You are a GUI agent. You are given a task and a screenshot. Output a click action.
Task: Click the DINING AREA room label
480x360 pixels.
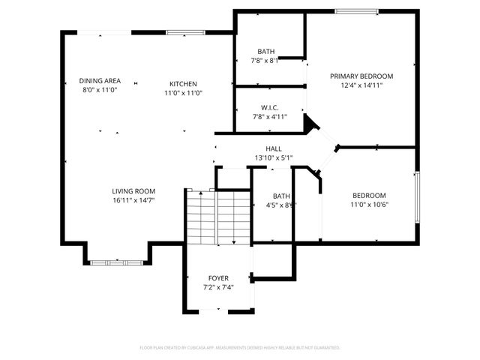tap(100, 81)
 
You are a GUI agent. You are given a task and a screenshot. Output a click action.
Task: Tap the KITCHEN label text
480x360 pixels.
tap(183, 84)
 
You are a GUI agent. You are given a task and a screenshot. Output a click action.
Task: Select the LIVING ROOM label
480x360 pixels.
tap(134, 191)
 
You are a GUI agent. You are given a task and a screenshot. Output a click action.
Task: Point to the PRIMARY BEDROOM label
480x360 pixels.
tap(361, 76)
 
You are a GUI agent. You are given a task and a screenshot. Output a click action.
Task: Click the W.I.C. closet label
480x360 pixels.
tap(270, 107)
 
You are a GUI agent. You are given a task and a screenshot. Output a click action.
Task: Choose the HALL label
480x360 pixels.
tap(274, 148)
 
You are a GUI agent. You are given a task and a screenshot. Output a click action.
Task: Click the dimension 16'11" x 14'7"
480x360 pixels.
tap(134, 201)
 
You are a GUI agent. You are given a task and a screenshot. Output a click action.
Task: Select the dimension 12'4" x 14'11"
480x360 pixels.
tap(361, 85)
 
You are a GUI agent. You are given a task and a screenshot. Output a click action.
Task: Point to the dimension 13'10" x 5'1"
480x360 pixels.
tap(274, 157)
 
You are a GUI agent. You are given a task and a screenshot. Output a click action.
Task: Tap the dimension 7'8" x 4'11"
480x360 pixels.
tap(270, 117)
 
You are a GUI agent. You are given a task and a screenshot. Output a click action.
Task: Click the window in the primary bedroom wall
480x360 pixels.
tap(355, 11)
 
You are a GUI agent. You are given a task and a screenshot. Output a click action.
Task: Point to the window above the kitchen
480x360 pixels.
tap(181, 32)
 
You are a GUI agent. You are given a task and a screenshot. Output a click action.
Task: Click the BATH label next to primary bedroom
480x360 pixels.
tap(265, 52)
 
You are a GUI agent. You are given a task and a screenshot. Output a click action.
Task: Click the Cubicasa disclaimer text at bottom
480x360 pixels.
tap(240, 348)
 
